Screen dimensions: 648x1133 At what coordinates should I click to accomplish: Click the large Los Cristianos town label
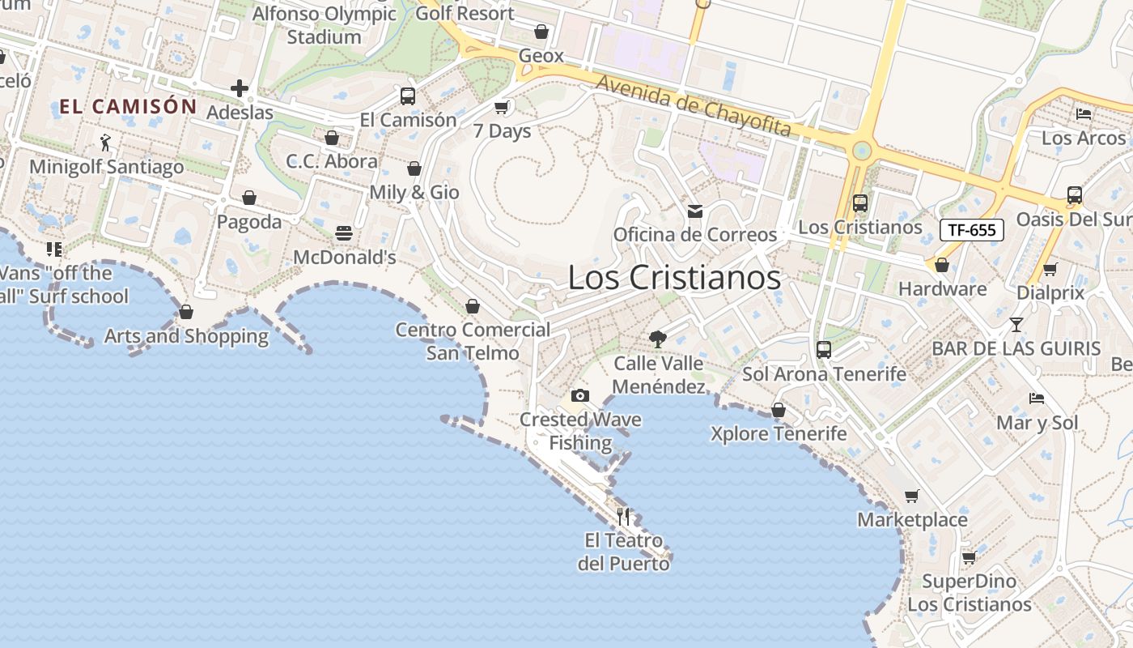pyautogui.click(x=674, y=278)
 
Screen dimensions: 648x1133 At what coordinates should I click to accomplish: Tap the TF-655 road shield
pyautogui.click(x=971, y=230)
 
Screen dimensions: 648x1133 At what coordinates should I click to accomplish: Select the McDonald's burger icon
pyautogui.click(x=344, y=233)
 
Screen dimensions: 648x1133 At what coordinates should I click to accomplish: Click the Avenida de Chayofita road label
pyautogui.click(x=694, y=105)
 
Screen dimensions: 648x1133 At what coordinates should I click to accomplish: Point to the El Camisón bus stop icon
pyautogui.click(x=408, y=96)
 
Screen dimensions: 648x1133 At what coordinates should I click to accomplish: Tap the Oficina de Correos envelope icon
pyautogui.click(x=694, y=211)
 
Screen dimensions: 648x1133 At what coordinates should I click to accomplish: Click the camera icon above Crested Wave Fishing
pyautogui.click(x=579, y=395)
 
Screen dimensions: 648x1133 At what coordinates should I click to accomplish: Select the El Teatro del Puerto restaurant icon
pyautogui.click(x=623, y=516)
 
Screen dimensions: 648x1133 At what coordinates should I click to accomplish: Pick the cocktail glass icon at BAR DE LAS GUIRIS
pyautogui.click(x=1016, y=325)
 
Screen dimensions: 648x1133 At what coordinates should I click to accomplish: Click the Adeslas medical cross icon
pyautogui.click(x=240, y=88)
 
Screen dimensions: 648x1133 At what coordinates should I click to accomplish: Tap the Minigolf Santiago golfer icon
pyautogui.click(x=105, y=143)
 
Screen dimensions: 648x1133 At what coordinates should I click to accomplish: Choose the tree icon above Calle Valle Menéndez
pyautogui.click(x=658, y=339)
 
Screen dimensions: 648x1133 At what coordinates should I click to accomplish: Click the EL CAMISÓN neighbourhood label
pyautogui.click(x=128, y=106)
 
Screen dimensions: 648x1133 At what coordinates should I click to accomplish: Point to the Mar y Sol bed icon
pyautogui.click(x=1036, y=398)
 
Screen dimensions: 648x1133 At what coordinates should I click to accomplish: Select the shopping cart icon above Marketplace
pyautogui.click(x=912, y=496)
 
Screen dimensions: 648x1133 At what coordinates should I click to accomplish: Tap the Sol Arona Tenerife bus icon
pyautogui.click(x=824, y=350)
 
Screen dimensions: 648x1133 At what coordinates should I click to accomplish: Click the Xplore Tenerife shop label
pyautogui.click(x=779, y=433)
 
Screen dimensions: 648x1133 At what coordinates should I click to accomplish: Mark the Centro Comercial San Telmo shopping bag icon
pyautogui.click(x=473, y=306)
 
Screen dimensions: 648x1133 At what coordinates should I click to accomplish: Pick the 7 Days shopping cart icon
pyautogui.click(x=502, y=107)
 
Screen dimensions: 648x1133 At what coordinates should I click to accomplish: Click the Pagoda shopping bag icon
pyautogui.click(x=249, y=198)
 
